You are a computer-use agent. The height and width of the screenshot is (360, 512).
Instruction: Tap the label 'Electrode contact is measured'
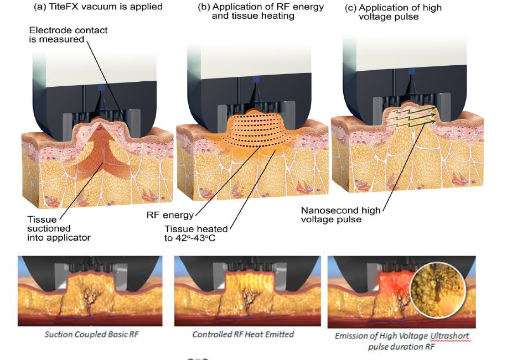[68, 35]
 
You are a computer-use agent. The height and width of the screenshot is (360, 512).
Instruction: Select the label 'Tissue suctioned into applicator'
[59, 228]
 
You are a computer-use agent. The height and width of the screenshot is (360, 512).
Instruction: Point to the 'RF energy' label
[170, 215]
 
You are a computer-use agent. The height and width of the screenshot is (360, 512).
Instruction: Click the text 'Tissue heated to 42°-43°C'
[196, 233]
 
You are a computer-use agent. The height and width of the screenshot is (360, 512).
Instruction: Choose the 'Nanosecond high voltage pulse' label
[340, 215]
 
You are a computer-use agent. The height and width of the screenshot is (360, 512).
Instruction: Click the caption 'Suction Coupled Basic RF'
[92, 335]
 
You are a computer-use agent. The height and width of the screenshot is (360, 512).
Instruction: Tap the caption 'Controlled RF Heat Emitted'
[243, 335]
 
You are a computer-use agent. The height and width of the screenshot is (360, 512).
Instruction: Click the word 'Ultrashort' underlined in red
[449, 336]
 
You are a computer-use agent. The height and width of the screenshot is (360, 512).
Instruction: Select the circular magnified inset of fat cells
[438, 288]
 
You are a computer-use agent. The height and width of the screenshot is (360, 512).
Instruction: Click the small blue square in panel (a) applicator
[101, 87]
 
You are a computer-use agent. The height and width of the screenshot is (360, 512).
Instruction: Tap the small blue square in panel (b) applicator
[256, 79]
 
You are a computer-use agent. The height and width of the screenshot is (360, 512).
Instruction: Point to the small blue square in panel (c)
[412, 71]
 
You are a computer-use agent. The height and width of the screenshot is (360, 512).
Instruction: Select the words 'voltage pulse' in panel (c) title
[389, 17]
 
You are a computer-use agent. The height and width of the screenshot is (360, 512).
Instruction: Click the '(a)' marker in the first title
[40, 7]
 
